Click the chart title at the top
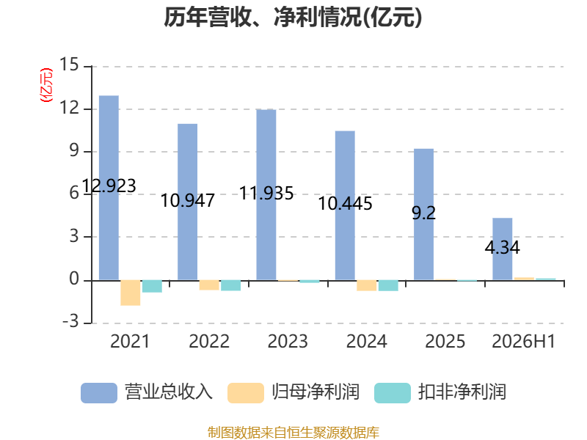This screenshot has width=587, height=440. [293, 17]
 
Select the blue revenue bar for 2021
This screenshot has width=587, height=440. [109, 188]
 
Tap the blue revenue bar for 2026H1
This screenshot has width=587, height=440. [503, 249]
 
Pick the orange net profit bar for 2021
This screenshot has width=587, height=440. [131, 293]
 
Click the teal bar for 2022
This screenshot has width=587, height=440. [230, 285]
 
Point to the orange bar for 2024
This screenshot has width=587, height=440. [366, 285]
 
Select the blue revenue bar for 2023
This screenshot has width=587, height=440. [266, 195]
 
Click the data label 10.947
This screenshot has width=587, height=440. [188, 200]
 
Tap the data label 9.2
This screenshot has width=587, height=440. [424, 213]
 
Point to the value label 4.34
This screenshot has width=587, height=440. [503, 247]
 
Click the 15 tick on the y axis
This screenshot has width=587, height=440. [69, 65]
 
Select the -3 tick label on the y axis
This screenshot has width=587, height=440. [70, 321]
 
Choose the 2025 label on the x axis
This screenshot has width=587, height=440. [445, 342]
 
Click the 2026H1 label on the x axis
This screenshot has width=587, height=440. [523, 342]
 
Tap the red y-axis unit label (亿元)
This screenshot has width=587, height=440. [46, 85]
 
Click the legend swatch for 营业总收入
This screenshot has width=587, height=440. [99, 393]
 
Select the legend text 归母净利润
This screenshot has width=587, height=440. [316, 392]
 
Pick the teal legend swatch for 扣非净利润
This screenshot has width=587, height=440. [393, 393]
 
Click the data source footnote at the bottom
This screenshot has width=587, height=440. [293, 433]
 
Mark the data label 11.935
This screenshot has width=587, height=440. [266, 193]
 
